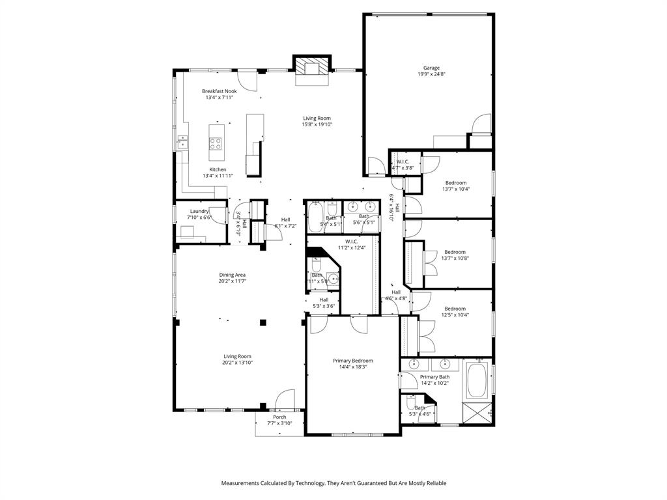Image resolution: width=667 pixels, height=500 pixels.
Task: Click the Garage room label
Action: pyautogui.click(x=431, y=68)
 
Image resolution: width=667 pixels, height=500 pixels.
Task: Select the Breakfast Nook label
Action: pyautogui.click(x=219, y=91)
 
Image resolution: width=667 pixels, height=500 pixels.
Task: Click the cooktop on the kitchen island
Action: pyautogui.click(x=215, y=143)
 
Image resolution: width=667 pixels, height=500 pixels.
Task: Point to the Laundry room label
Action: pyautogui.click(x=199, y=211)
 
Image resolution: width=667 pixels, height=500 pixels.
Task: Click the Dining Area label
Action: pyautogui.click(x=232, y=275)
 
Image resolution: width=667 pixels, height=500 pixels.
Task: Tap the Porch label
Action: pyautogui.click(x=279, y=417)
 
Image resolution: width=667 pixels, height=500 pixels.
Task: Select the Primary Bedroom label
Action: pyautogui.click(x=352, y=361)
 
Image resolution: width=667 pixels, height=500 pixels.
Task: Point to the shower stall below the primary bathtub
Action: pyautogui.click(x=476, y=412)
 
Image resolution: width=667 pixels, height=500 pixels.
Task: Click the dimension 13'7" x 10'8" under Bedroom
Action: pyautogui.click(x=455, y=258)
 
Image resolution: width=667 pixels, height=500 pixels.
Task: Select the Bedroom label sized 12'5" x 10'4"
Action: pyautogui.click(x=455, y=309)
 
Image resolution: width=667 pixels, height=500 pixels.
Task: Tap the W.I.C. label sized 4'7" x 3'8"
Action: pyautogui.click(x=403, y=161)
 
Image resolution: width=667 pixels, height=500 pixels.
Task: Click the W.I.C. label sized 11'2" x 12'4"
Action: pyautogui.click(x=352, y=242)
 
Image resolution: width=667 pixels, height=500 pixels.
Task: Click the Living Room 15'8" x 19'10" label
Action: pyautogui.click(x=317, y=118)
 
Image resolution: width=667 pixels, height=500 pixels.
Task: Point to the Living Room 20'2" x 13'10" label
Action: pyautogui.click(x=238, y=356)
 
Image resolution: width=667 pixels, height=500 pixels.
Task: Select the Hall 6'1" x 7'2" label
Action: pyautogui.click(x=285, y=219)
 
